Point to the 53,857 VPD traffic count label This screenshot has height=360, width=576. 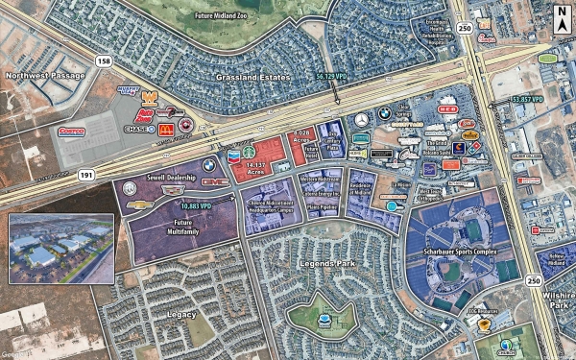click(527, 98)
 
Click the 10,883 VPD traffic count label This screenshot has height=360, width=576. click(197, 204)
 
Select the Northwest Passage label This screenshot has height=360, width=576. click(39, 75)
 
